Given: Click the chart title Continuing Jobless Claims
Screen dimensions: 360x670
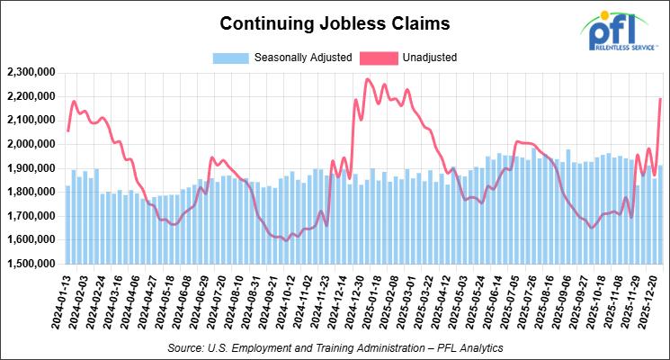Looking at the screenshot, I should [335, 22].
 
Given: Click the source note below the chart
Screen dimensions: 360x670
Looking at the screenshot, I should [335, 346].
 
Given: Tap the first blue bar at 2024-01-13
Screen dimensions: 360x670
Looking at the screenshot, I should [67, 225].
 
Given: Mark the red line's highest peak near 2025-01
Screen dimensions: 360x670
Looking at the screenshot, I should [368, 79].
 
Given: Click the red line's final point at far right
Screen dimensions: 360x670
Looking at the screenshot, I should [661, 99].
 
